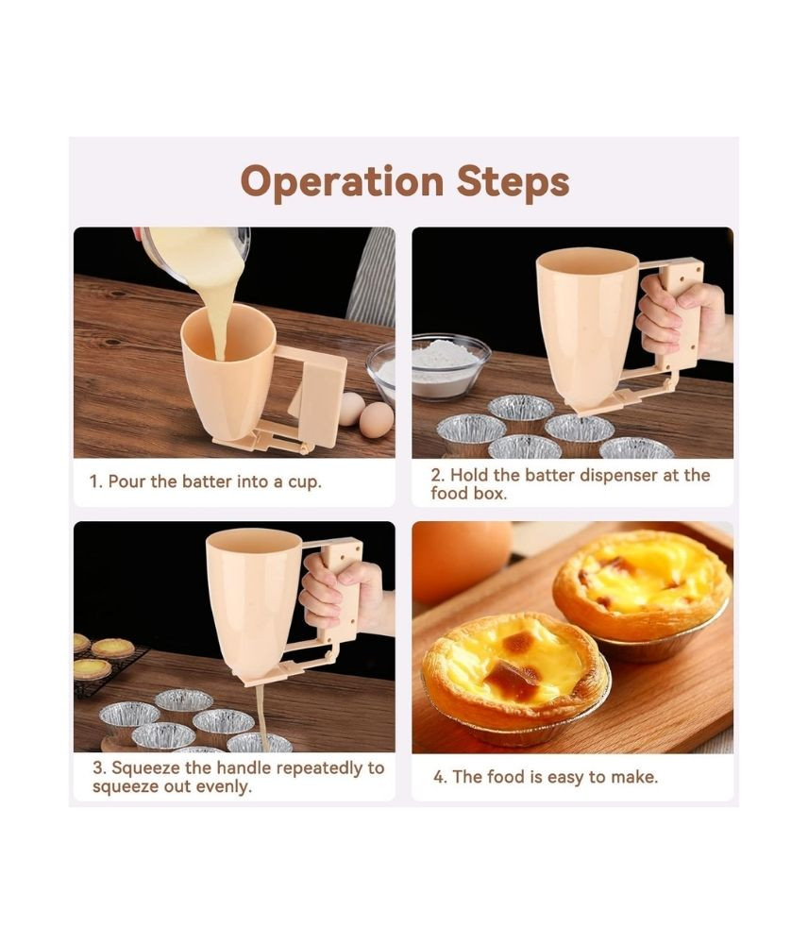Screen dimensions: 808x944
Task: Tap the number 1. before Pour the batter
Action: (x=96, y=481)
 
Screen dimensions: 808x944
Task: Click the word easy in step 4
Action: (x=566, y=778)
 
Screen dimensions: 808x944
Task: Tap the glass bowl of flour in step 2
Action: (x=450, y=366)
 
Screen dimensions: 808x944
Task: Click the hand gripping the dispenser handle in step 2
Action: (x=679, y=321)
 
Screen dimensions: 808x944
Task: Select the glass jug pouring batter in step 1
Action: (x=197, y=253)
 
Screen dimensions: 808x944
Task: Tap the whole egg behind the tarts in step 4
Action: (x=462, y=561)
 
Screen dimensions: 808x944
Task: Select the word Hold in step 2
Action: (x=468, y=476)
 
